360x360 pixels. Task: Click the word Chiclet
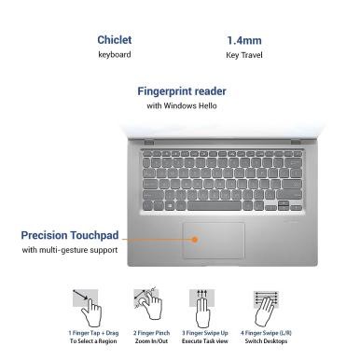tap(115, 40)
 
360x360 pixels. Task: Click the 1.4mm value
tap(244, 40)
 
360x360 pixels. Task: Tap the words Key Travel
tap(244, 55)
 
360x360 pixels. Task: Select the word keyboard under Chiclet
tap(115, 55)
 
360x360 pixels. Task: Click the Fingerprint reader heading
tap(182, 91)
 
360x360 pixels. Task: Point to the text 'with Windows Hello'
tap(182, 105)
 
